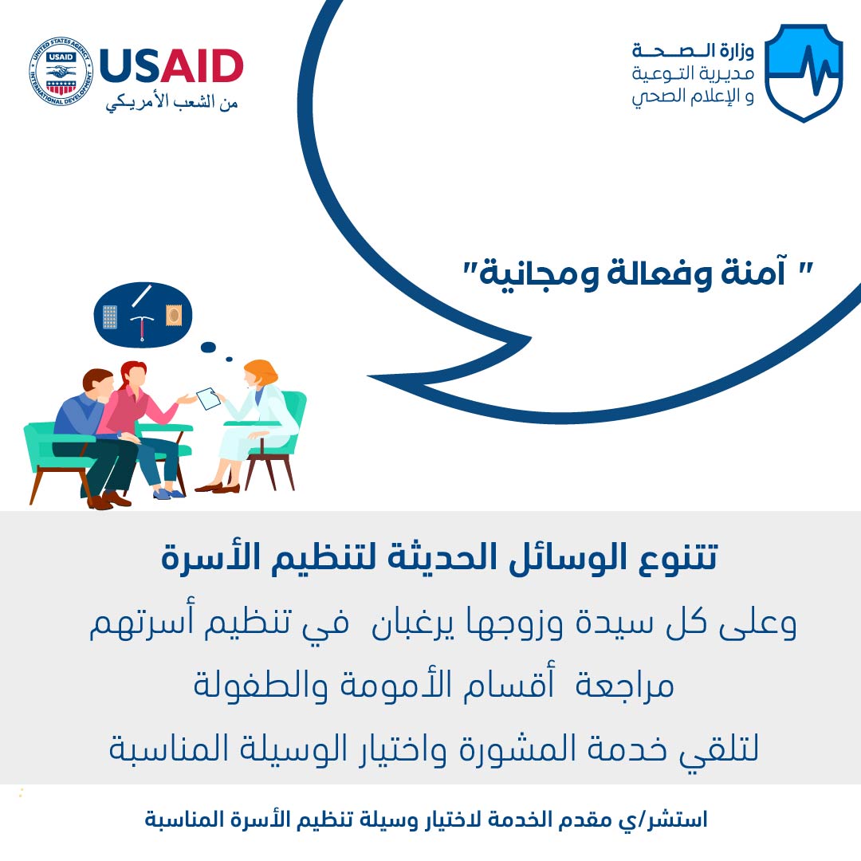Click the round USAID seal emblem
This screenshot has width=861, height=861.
point(61,72)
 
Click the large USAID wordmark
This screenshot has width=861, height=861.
point(171,66)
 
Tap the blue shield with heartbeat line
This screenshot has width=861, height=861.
point(804,73)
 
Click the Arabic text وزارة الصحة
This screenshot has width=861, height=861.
point(693,51)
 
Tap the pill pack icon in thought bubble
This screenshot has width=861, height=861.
point(110,316)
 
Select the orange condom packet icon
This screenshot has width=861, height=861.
point(174,315)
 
